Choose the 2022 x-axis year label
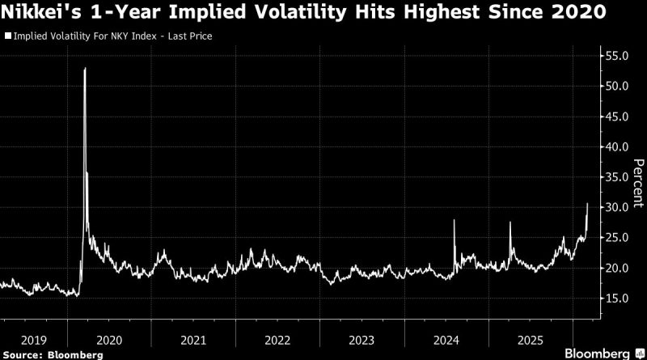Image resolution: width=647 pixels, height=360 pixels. tap(278, 340)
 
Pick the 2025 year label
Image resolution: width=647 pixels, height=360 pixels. tap(531, 340)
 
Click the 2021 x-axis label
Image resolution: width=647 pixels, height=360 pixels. tap(193, 340)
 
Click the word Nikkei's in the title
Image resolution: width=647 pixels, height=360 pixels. tap(39, 15)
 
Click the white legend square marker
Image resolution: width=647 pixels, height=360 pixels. tap(7, 37)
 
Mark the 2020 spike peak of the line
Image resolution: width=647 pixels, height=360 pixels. tap(85, 69)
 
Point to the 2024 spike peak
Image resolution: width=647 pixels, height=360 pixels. tap(455, 220)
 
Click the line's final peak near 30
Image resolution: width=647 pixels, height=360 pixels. tap(587, 204)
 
